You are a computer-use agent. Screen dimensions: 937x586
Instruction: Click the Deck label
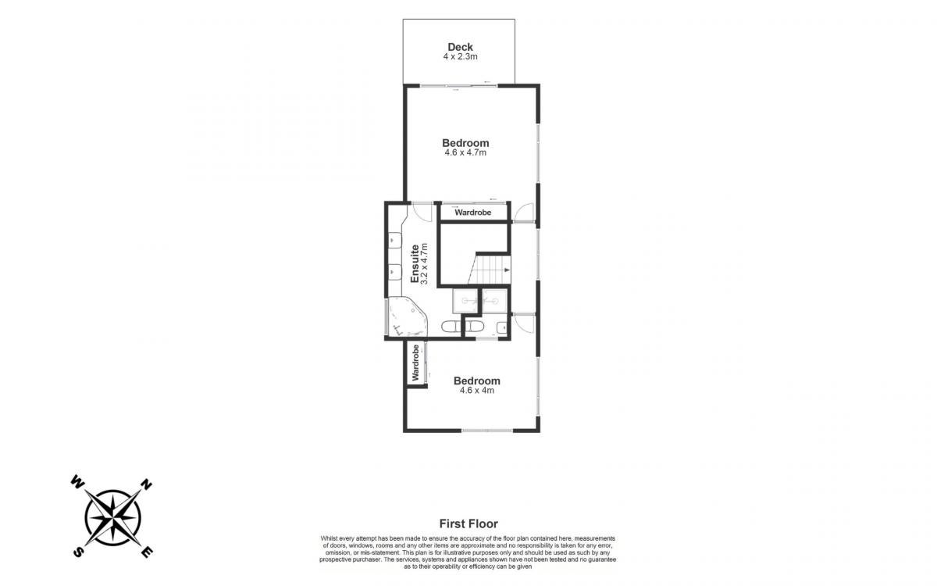coord(460,47)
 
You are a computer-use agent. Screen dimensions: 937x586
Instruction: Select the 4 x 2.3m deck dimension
coord(460,56)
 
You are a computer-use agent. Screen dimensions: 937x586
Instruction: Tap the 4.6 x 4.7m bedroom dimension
coord(465,153)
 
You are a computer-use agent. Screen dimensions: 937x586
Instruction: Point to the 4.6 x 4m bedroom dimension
coord(477,391)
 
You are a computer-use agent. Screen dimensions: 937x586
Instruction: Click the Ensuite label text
coord(415,264)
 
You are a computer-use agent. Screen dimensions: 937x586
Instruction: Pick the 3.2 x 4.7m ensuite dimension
coord(425,264)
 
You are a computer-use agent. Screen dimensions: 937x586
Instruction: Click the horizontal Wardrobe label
coord(472,213)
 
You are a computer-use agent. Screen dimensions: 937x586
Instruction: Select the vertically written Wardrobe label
coord(415,363)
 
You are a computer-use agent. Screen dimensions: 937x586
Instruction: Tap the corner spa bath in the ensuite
coord(115,316)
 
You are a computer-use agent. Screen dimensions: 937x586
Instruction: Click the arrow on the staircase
coord(507,270)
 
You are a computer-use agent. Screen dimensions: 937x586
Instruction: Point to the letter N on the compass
coord(146,484)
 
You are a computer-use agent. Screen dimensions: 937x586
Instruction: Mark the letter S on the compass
coord(78,552)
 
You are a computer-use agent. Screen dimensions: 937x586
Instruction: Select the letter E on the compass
coord(146,552)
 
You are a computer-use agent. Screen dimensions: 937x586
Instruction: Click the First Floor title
coord(468,523)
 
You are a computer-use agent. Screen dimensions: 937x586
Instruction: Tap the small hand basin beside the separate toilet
coord(502,327)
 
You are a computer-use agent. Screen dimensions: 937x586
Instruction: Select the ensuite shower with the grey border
coord(465,301)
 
